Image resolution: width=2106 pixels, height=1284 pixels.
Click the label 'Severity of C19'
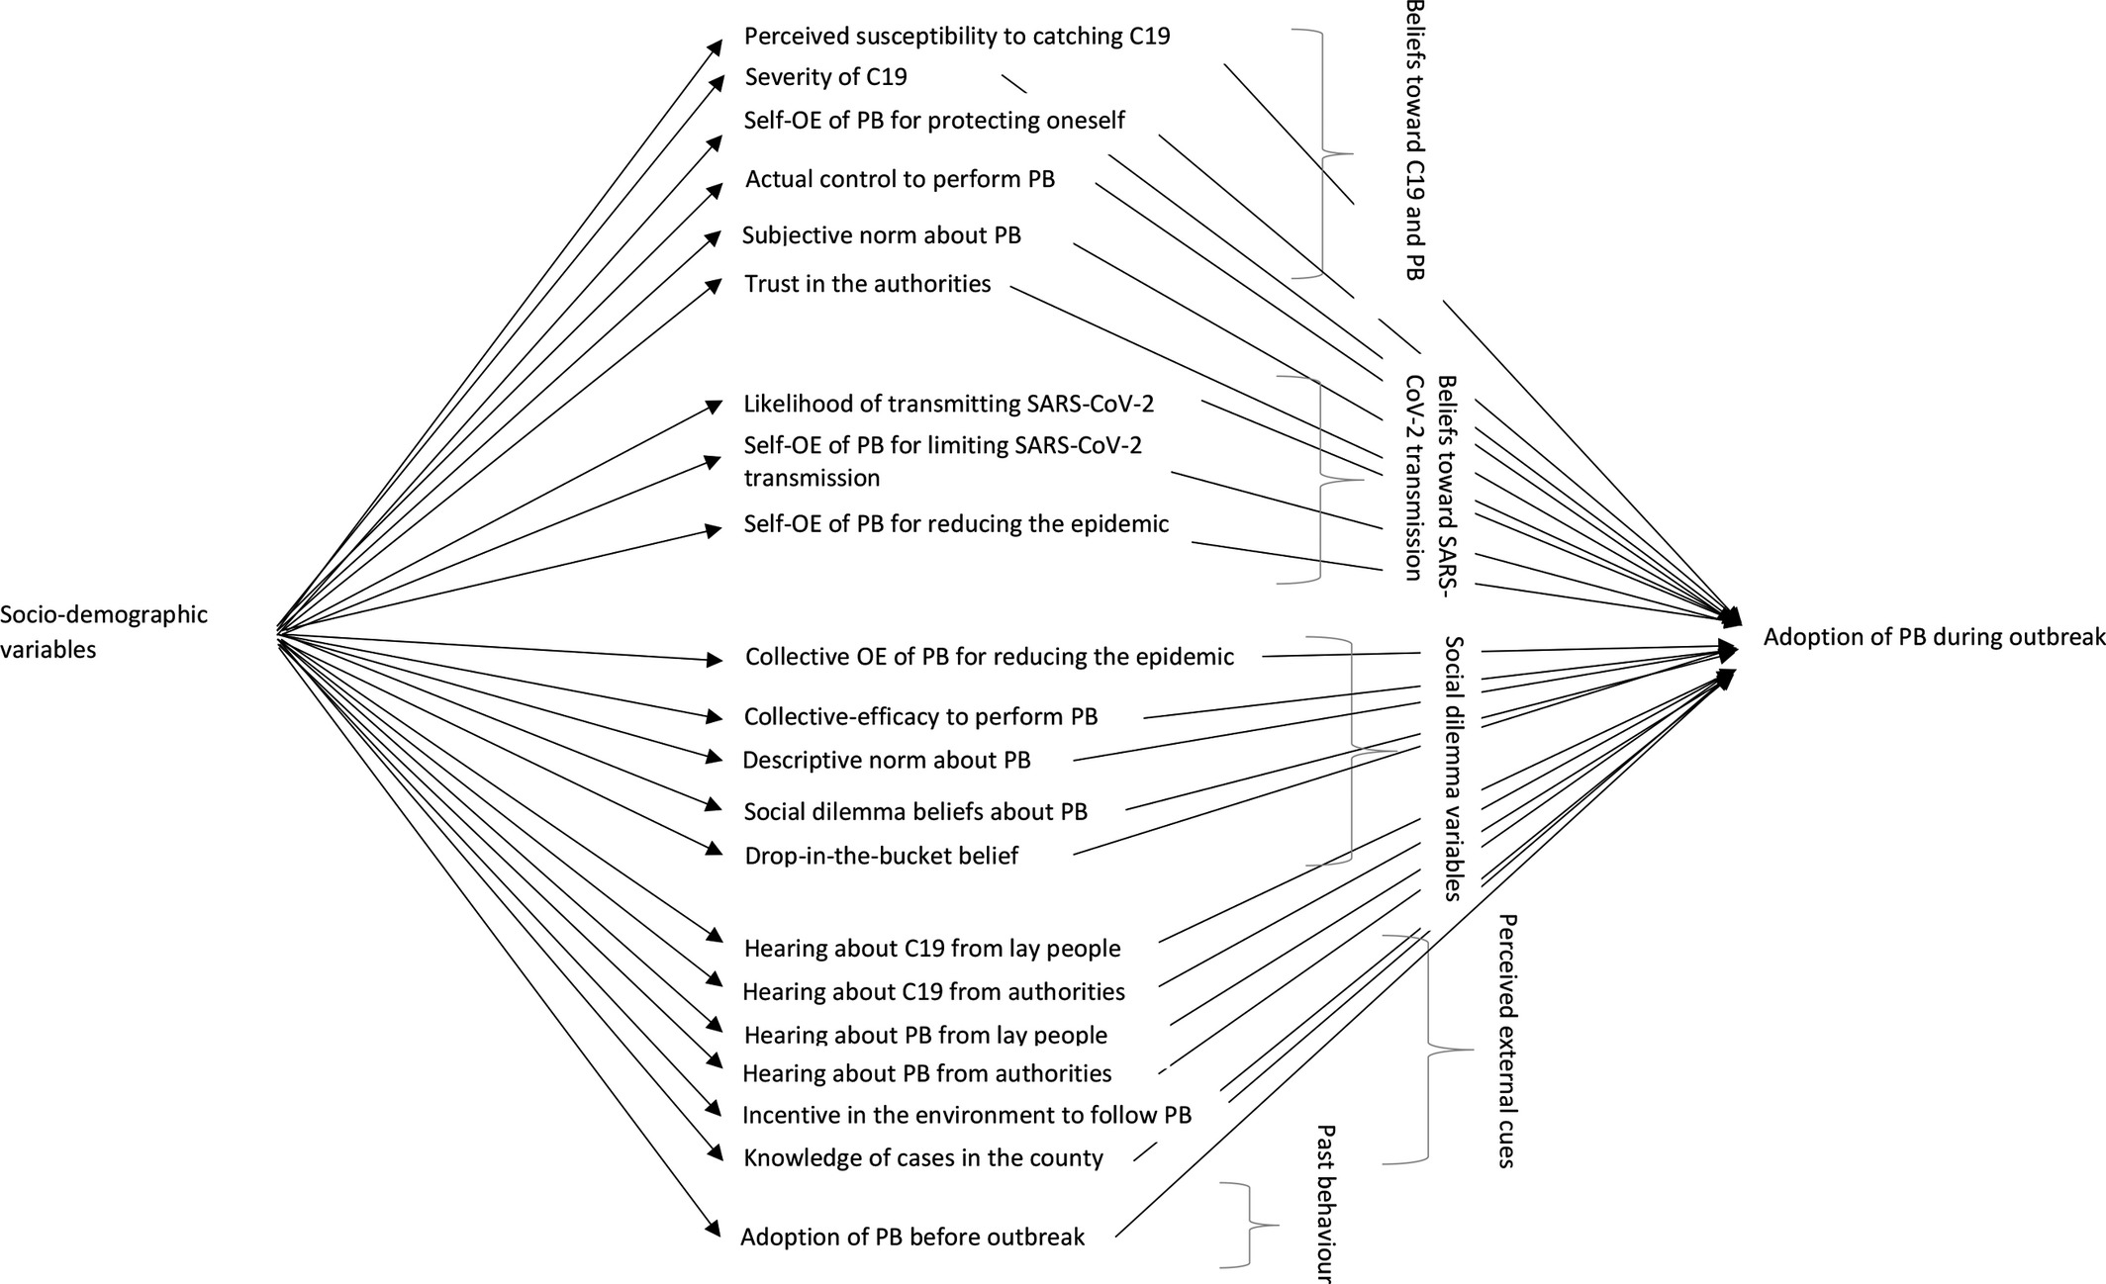pyautogui.click(x=825, y=77)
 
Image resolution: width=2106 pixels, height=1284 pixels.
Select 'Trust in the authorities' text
pyautogui.click(x=867, y=285)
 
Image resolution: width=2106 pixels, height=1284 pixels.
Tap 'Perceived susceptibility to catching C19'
pyautogui.click(x=957, y=37)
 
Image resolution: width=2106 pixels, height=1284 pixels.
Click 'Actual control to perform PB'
pyautogui.click(x=900, y=179)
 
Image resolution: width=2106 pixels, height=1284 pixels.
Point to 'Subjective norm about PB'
pyautogui.click(x=881, y=235)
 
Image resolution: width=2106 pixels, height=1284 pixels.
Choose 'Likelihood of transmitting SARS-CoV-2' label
pyautogui.click(x=948, y=405)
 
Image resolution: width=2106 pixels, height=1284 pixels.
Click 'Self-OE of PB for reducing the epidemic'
pyautogui.click(x=956, y=524)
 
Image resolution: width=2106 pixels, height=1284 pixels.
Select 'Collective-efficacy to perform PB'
pyautogui.click(x=920, y=716)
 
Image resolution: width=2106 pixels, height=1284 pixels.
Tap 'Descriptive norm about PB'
pyautogui.click(x=886, y=760)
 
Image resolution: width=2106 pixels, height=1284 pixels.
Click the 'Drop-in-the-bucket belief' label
pyautogui.click(x=881, y=856)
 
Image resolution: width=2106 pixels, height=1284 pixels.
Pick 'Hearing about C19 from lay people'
pyautogui.click(x=932, y=949)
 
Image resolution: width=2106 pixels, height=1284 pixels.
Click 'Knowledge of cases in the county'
pyautogui.click(x=923, y=1158)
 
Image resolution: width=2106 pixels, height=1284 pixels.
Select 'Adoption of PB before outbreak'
pyautogui.click(x=912, y=1238)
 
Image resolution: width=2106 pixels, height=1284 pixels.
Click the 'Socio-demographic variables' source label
pyautogui.click(x=104, y=632)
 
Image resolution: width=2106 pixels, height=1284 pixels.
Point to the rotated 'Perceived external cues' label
pyautogui.click(x=1506, y=1041)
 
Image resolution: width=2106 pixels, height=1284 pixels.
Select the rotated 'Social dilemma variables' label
pyautogui.click(x=1453, y=768)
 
